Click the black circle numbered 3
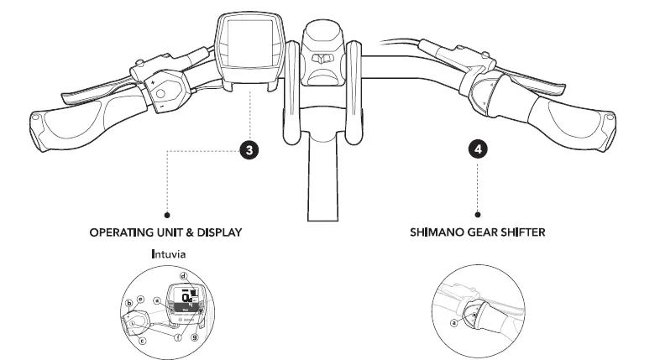point(249,150)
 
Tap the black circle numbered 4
point(478,150)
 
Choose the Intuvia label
point(167,253)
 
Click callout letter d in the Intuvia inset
point(182,275)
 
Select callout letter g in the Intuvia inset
point(195,337)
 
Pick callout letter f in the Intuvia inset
point(176,337)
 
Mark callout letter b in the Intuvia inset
point(128,302)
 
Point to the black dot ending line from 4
point(478,215)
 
